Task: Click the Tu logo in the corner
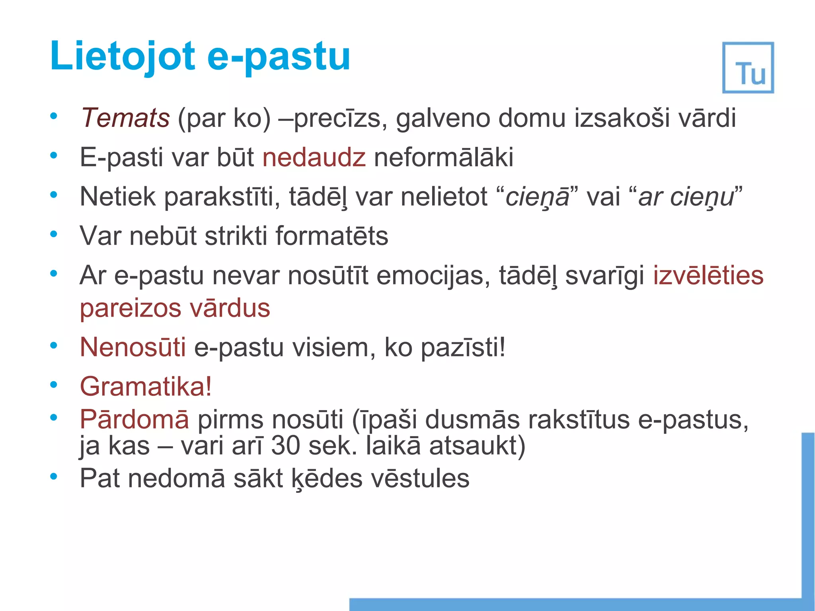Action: pyautogui.click(x=748, y=68)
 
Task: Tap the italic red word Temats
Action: pyautogui.click(x=125, y=118)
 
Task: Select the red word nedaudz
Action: pyautogui.click(x=314, y=157)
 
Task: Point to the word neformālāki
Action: pyautogui.click(x=444, y=157)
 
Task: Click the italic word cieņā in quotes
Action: pyautogui.click(x=537, y=197)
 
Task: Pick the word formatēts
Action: pyautogui.click(x=331, y=235)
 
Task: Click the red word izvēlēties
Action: pyautogui.click(x=708, y=275)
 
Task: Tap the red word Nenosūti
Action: pyautogui.click(x=133, y=347)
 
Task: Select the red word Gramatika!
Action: pyautogui.click(x=146, y=386)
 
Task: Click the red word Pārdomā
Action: pyautogui.click(x=135, y=419)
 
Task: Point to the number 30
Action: pyautogui.click(x=285, y=446)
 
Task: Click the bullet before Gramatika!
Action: pyautogui.click(x=54, y=385)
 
